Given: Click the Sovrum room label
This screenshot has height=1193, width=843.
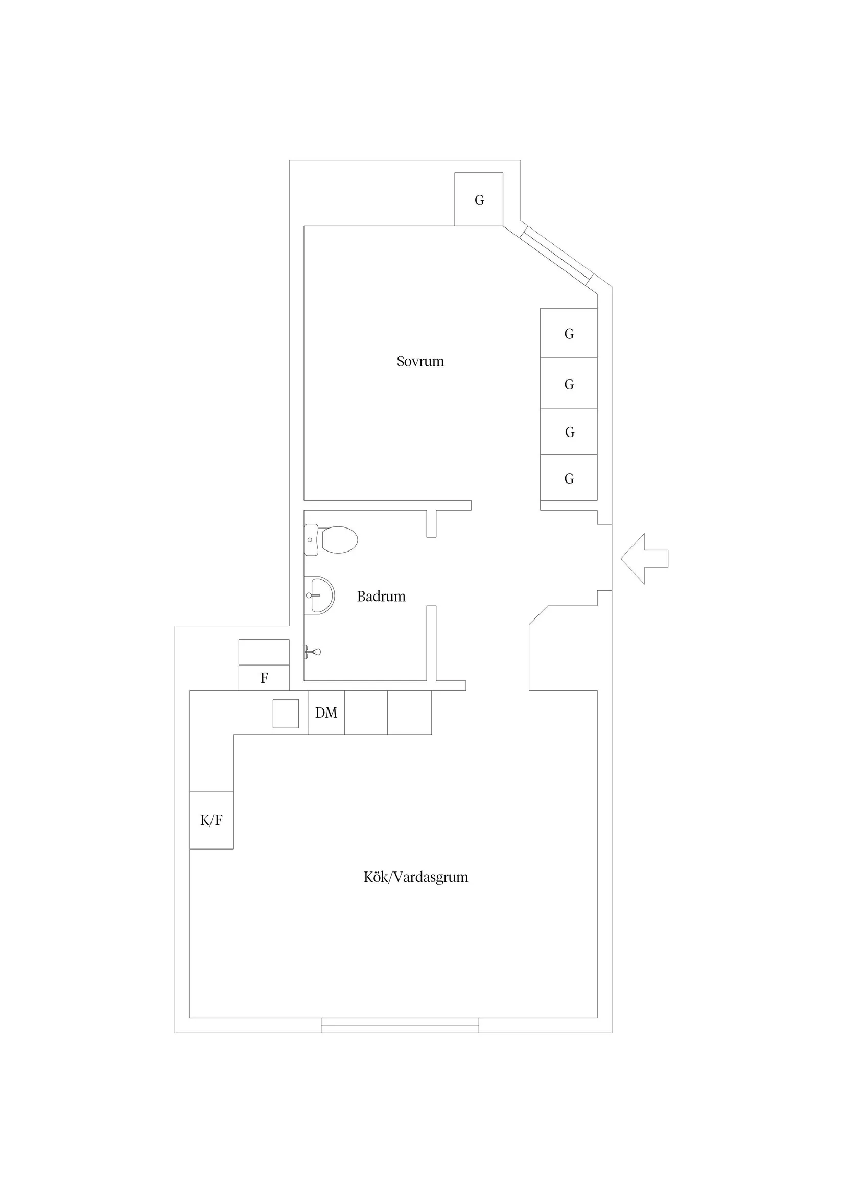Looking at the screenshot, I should click(x=420, y=362).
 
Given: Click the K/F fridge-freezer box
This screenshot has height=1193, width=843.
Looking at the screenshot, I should click(x=212, y=820).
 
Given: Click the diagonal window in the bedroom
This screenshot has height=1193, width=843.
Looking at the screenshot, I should click(x=556, y=255).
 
